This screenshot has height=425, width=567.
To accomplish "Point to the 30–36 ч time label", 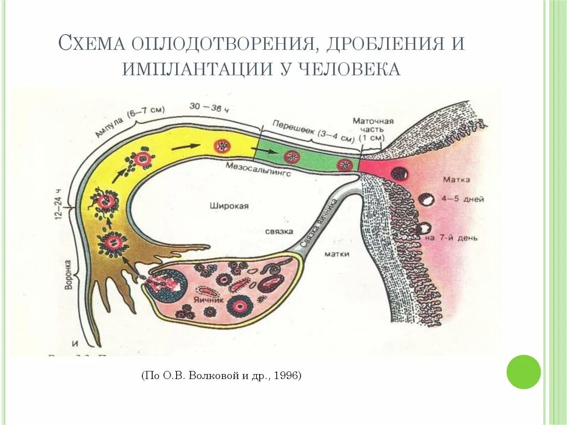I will [209, 107].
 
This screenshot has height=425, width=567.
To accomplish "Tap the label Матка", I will [457, 180].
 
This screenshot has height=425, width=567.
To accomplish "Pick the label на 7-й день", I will [452, 238].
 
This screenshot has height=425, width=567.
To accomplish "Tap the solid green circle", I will [523, 372].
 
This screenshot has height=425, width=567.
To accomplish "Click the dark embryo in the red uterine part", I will [399, 173].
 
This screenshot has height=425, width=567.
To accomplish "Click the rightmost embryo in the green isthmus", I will [346, 165].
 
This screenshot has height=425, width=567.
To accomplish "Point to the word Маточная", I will [373, 121].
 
